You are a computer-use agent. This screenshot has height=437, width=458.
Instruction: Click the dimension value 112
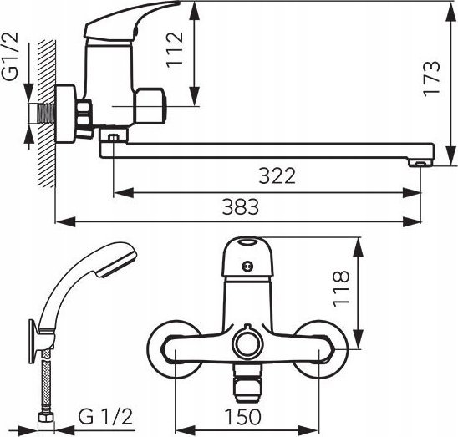(x=175, y=49)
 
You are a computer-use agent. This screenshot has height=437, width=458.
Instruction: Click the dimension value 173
(x=431, y=79)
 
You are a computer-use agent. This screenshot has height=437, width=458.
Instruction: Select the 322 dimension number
(x=277, y=175)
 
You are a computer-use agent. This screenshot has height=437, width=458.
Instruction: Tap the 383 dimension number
(x=241, y=206)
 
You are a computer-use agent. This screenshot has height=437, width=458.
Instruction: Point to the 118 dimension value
(x=341, y=288)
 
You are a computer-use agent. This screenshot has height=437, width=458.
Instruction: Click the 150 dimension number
(x=242, y=417)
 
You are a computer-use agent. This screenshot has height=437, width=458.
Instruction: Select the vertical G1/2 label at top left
(x=10, y=56)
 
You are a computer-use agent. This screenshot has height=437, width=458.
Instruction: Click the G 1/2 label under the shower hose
(x=105, y=417)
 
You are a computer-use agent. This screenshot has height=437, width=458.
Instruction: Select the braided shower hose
(x=46, y=380)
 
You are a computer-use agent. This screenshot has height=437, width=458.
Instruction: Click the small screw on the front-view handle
(x=247, y=266)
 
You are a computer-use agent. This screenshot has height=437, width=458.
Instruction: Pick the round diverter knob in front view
(x=247, y=343)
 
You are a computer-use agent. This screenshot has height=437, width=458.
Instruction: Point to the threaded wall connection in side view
(x=46, y=114)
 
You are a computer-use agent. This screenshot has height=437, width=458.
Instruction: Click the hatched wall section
(x=47, y=114)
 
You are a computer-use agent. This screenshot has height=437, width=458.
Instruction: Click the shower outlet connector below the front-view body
(x=247, y=382)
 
